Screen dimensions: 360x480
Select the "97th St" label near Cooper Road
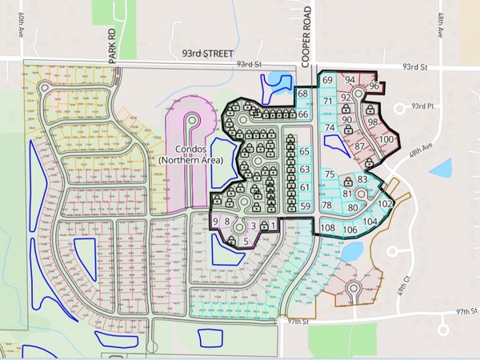pos(299,321)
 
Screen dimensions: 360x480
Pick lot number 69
pos(327,81)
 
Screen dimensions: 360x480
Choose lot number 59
pos(304,206)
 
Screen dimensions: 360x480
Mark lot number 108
pos(327,228)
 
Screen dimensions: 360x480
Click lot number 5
pos(245,239)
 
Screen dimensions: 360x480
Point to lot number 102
pos(385,204)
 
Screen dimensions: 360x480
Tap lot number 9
pos(214,222)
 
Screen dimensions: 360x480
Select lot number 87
pos(359,146)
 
